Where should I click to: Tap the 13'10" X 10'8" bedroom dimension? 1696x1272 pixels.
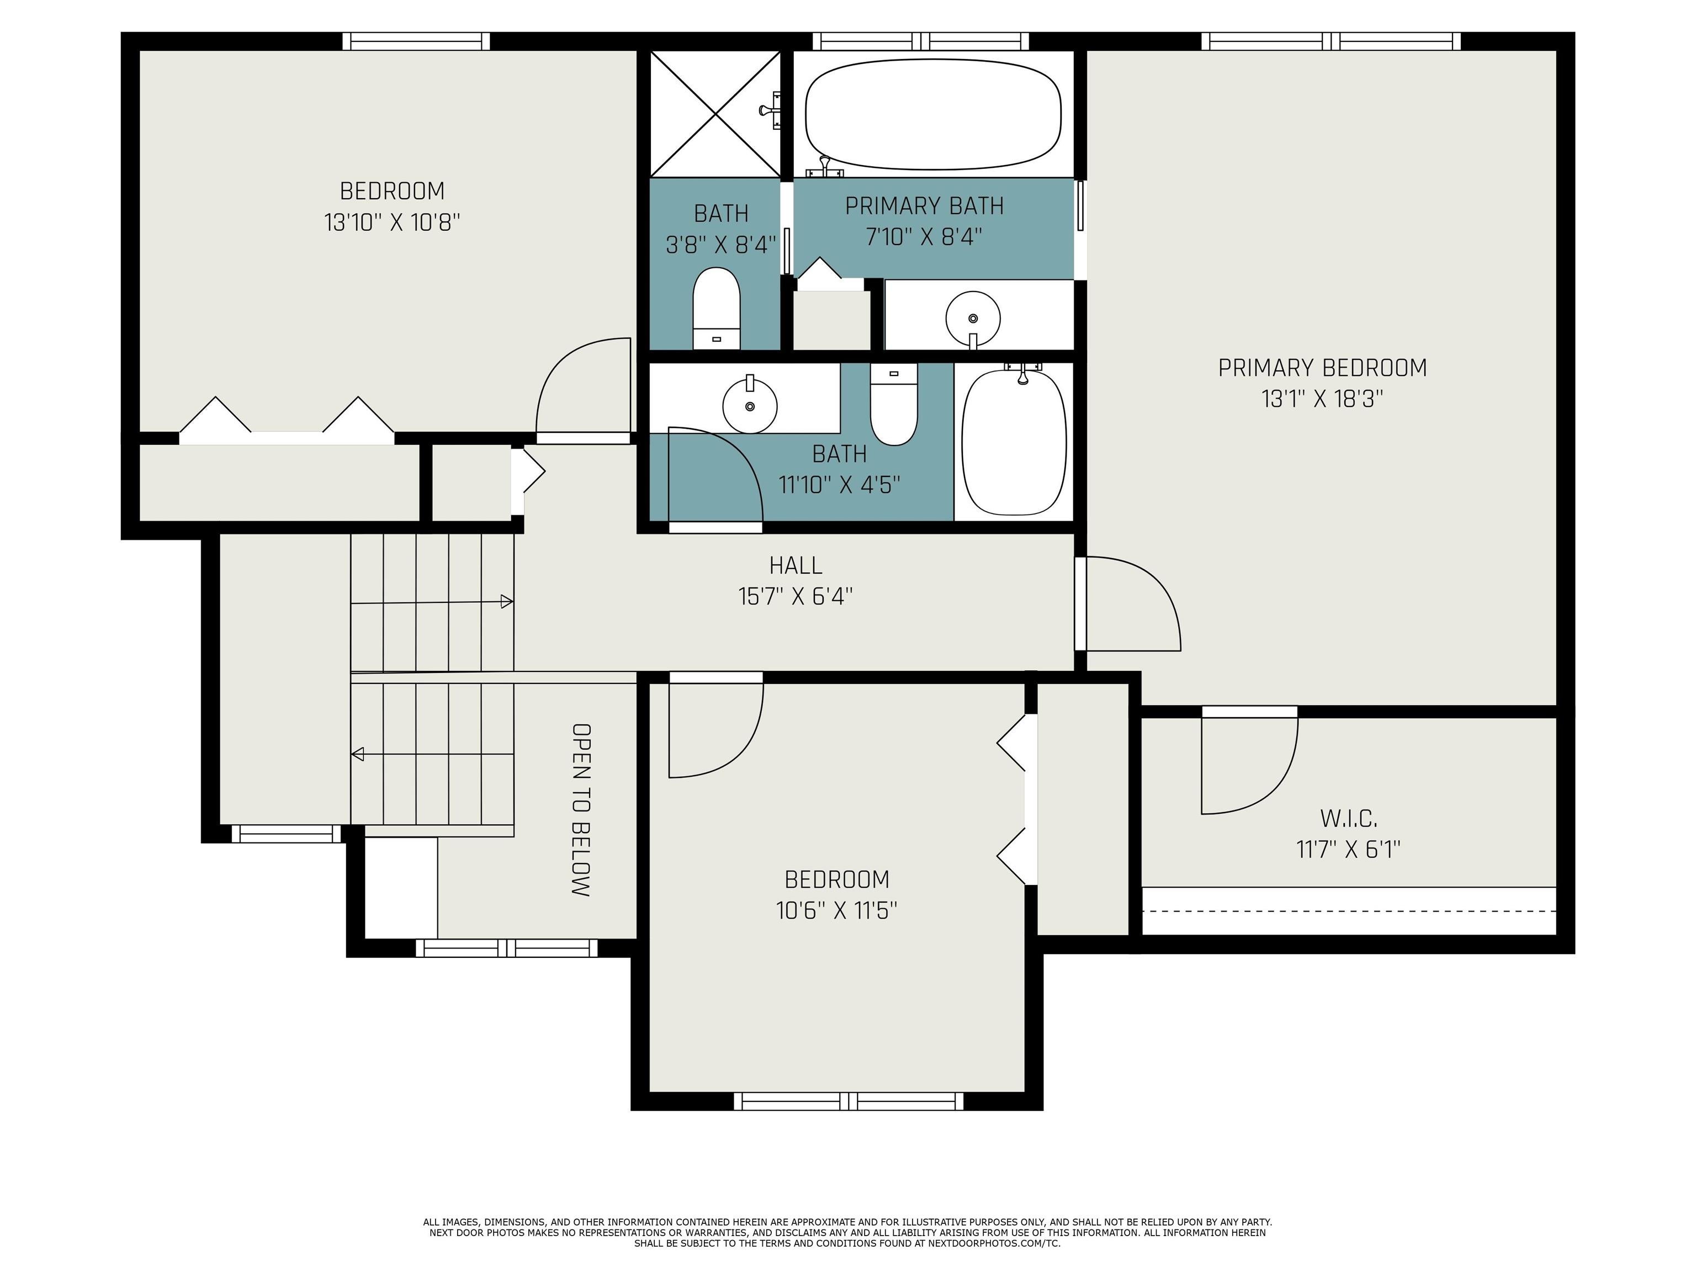click(392, 222)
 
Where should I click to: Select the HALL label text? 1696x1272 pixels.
click(796, 565)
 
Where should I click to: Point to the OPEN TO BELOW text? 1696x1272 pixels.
click(581, 810)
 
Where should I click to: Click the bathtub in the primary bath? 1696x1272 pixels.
click(933, 114)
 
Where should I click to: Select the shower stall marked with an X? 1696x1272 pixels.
click(714, 114)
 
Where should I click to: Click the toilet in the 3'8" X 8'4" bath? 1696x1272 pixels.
click(716, 308)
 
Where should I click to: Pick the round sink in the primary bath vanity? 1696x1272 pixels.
click(973, 318)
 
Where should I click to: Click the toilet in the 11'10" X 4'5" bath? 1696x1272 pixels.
click(894, 404)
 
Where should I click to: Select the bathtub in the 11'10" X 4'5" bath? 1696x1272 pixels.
click(1014, 441)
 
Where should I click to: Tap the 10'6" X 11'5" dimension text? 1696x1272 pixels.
click(836, 910)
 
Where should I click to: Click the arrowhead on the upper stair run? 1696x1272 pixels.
click(507, 602)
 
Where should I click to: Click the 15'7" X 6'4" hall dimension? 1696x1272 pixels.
click(796, 596)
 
